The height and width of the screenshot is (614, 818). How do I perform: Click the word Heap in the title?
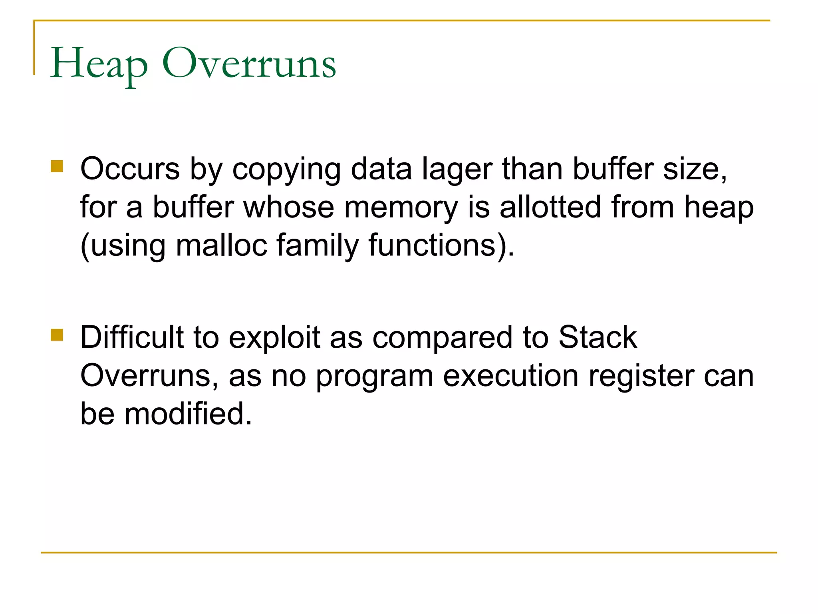tap(99, 64)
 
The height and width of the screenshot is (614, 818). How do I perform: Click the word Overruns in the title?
tap(249, 64)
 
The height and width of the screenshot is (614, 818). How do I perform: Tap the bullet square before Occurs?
tap(57, 166)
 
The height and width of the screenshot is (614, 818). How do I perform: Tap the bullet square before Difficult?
tap(57, 335)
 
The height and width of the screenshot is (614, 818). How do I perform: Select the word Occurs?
tap(130, 169)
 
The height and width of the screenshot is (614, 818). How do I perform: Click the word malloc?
tap(221, 245)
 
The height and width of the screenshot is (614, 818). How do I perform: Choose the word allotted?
tap(550, 207)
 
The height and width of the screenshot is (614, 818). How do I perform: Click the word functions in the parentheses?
tap(432, 245)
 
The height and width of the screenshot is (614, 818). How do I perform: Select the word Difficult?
tap(132, 337)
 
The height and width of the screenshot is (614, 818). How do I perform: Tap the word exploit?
tap(274, 338)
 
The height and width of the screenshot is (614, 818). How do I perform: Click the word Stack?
tap(597, 337)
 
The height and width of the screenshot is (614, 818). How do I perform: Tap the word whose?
tap(288, 207)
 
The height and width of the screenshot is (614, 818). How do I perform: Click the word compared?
tap(442, 338)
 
